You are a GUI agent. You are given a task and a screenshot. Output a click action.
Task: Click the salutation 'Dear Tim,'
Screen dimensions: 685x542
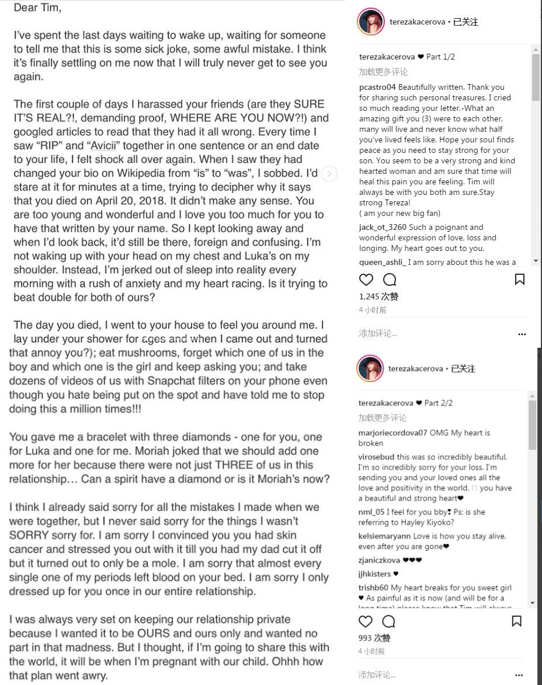tap(37, 8)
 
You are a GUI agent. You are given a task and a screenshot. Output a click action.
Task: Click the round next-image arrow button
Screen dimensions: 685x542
tap(329, 173)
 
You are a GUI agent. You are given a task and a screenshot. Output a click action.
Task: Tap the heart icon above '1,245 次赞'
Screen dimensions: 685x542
tap(366, 279)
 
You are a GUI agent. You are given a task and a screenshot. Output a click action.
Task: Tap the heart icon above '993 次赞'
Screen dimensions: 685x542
tap(366, 621)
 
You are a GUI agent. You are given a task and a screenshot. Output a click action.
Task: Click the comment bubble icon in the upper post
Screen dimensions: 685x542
tap(389, 279)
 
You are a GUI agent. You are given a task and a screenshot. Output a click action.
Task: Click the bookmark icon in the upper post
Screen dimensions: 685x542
tap(519, 279)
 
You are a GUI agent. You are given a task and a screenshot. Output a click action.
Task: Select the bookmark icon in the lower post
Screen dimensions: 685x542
tap(516, 621)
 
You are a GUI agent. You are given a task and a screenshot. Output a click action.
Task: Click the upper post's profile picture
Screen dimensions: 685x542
tap(370, 22)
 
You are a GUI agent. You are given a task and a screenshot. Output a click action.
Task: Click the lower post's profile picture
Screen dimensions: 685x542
tap(370, 369)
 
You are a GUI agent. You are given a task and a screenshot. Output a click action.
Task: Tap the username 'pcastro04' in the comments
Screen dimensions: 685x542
tap(377, 87)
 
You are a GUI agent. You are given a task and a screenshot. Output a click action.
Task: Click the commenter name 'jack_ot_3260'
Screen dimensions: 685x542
tap(383, 227)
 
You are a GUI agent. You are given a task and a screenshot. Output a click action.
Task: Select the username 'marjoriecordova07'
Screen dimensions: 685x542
tap(392, 433)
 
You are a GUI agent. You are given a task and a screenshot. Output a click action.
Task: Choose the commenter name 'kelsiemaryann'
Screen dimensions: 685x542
tap(384, 536)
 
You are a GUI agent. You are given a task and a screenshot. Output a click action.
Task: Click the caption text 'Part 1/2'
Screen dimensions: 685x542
tap(440, 57)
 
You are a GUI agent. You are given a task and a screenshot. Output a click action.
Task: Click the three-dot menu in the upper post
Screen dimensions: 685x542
tap(522, 334)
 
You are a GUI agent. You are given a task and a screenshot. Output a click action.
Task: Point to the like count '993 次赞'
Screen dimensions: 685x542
tap(374, 638)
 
